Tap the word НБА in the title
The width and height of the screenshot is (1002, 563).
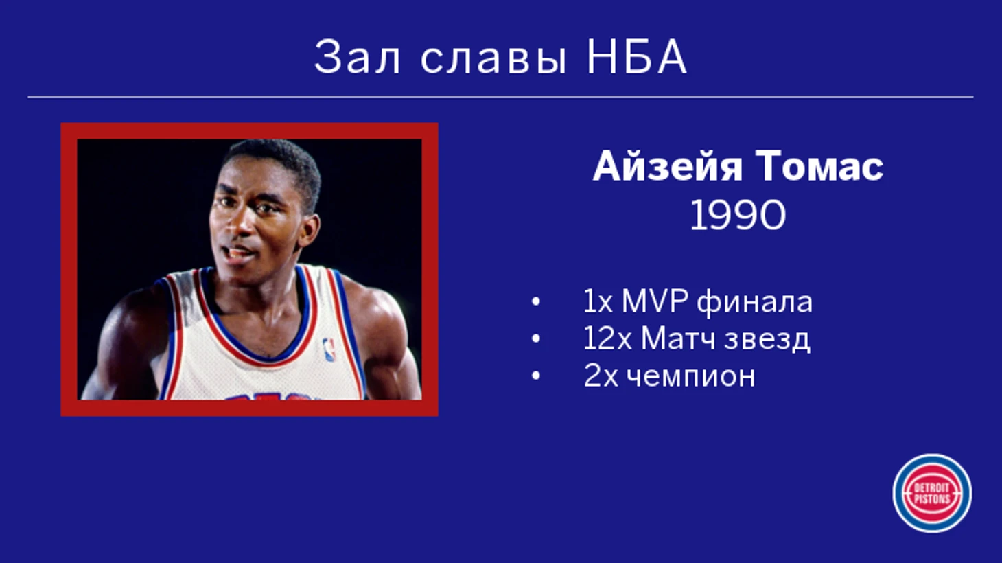[x=636, y=57]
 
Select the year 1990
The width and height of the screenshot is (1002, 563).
[x=738, y=215]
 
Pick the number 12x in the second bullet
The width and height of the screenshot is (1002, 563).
[x=607, y=338]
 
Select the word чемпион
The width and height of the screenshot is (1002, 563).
[x=690, y=377]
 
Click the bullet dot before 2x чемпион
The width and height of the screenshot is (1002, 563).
[x=535, y=376]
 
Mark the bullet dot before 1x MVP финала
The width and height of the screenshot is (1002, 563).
[x=535, y=301]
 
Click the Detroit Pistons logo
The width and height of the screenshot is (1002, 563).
[x=932, y=494]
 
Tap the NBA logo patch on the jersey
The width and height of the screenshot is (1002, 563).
[x=329, y=349]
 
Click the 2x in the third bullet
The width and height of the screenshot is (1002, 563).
[x=601, y=376]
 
